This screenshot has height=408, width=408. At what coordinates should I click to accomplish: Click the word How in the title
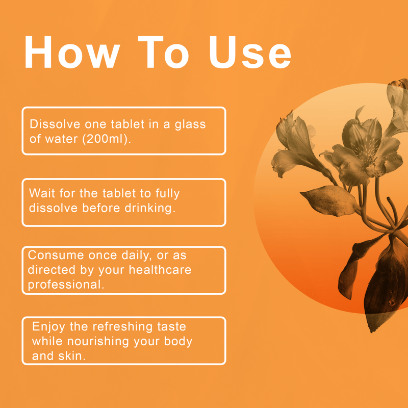(72, 52)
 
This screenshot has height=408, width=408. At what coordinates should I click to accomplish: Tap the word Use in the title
(250, 52)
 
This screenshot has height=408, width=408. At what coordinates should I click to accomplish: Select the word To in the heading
(163, 52)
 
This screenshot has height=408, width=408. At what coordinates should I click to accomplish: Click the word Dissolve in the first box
(55, 124)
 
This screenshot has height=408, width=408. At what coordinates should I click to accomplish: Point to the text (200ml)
(107, 139)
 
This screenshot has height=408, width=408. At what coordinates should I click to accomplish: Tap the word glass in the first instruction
(190, 124)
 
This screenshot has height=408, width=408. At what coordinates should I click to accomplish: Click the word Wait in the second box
(42, 193)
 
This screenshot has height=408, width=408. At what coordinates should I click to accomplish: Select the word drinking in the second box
(150, 209)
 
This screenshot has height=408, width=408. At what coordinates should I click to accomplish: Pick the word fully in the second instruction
(168, 194)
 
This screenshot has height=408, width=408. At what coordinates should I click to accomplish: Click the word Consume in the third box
(56, 255)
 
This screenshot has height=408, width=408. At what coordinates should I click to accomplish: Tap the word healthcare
(160, 270)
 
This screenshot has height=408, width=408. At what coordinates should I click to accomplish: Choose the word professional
(66, 285)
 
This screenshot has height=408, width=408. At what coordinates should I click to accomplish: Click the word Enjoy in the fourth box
(48, 327)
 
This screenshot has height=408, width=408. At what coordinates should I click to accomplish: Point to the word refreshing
(122, 327)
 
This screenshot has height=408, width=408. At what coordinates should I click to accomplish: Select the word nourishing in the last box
(98, 342)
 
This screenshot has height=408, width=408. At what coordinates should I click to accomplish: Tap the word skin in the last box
(72, 355)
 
